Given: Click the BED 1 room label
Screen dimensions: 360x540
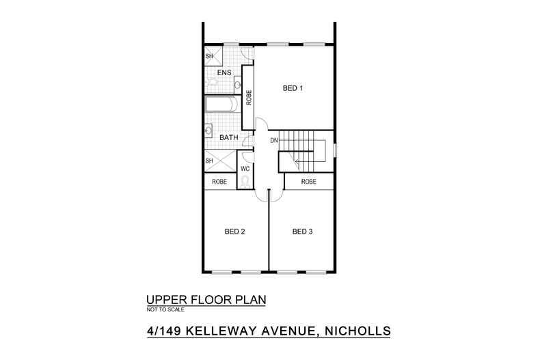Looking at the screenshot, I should tap(293, 88).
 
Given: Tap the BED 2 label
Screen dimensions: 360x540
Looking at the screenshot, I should tap(234, 232).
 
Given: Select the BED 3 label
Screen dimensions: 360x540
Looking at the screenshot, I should tap(302, 232).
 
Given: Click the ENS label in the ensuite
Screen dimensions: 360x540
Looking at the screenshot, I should tap(224, 72).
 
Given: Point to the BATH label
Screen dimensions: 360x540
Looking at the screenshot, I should tap(228, 137).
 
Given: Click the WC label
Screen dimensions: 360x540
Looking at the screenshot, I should tap(245, 168).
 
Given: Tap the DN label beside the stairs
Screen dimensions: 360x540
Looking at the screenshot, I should tap(274, 141).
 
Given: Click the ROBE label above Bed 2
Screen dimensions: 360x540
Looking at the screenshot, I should tap(219, 182).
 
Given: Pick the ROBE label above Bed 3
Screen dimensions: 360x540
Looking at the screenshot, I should tap(309, 182).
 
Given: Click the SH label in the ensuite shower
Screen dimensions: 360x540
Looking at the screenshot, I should tap(210, 56).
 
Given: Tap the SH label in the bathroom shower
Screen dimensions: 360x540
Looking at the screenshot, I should tap(210, 161).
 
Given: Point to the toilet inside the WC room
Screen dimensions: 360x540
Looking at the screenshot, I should tap(245, 182).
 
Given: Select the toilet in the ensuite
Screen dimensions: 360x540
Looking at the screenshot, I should tap(213, 83).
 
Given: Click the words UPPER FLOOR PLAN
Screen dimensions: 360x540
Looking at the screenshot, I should tap(206, 300).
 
